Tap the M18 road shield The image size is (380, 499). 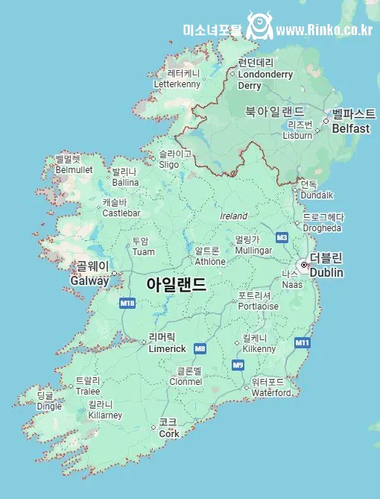(x=127, y=304)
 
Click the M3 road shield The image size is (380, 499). (x=282, y=237)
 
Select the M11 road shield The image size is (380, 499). (x=302, y=342)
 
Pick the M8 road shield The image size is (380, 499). (x=200, y=348)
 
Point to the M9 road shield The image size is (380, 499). (x=238, y=365)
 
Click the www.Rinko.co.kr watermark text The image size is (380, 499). (x=324, y=30)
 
